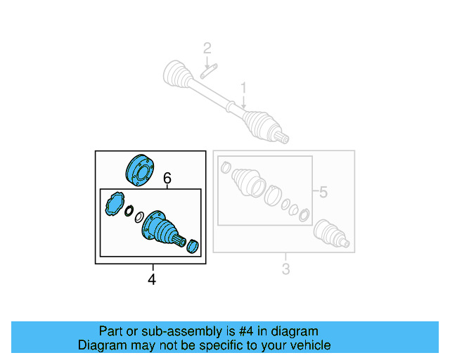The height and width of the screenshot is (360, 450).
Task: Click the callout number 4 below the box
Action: (x=152, y=280)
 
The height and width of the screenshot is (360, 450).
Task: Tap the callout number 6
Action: (x=167, y=179)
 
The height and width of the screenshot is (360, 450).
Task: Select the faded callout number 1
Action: (x=244, y=88)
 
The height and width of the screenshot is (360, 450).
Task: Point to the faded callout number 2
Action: (x=207, y=48)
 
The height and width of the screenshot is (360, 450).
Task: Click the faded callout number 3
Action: (x=285, y=268)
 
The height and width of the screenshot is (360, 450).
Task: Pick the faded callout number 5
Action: (x=323, y=192)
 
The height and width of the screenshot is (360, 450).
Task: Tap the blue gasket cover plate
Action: (x=112, y=206)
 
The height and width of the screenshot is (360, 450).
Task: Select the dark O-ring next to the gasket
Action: (x=129, y=211)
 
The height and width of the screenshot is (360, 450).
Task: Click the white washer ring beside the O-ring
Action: (x=139, y=216)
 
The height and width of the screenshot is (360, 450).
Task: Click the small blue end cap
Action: (x=194, y=246)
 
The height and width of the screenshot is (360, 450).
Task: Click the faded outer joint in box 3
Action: (x=330, y=234)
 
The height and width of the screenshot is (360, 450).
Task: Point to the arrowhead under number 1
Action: (x=244, y=106)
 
